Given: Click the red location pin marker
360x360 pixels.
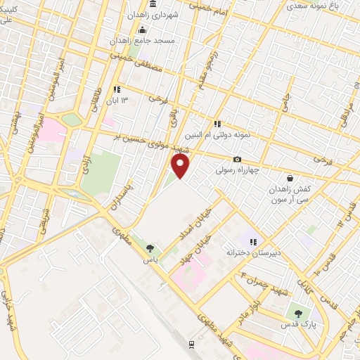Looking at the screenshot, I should point(181,166).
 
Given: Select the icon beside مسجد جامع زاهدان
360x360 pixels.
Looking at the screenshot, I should point(143,30).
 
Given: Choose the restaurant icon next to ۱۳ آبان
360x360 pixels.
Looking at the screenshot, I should point(117,89).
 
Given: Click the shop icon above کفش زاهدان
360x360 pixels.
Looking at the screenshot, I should point(290,179).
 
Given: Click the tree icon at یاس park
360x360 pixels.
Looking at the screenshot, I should point(149,247).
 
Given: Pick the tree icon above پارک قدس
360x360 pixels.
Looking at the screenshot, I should point(298,314).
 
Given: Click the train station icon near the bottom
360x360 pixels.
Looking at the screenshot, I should point(191,344).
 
